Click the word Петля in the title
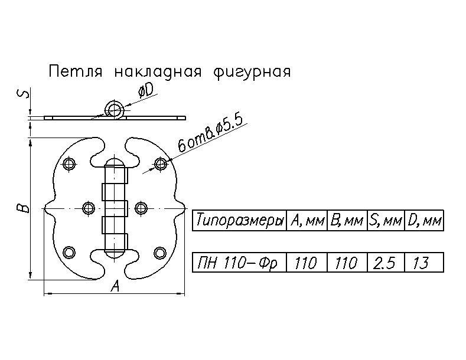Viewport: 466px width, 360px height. (x=76, y=72)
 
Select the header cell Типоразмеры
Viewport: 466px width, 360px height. (x=239, y=221)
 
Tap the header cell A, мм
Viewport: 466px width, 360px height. (x=307, y=221)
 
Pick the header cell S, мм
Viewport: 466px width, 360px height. (x=385, y=221)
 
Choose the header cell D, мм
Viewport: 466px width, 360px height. (x=424, y=221)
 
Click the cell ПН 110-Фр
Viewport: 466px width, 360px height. (x=239, y=263)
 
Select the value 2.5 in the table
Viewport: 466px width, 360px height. (x=384, y=263)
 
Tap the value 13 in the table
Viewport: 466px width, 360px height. (x=421, y=263)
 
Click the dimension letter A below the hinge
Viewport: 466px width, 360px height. (x=116, y=287)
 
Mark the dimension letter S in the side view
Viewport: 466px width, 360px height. (x=21, y=94)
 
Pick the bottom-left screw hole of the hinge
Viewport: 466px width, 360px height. (x=70, y=252)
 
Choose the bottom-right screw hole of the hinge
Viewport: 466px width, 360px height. (x=160, y=253)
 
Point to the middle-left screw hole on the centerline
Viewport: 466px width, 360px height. (x=89, y=208)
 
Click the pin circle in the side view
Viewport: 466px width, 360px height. (x=114, y=109)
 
